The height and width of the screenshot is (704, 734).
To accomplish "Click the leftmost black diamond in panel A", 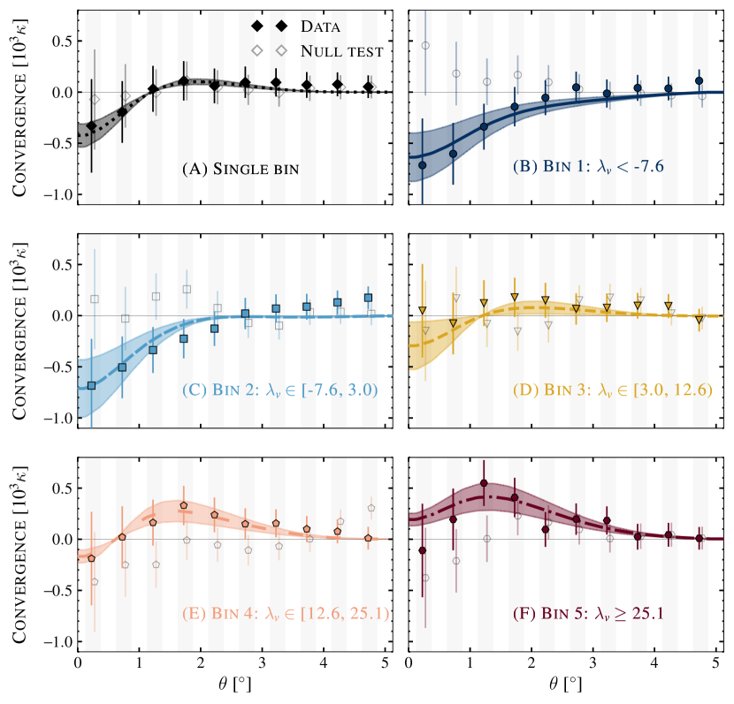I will [91, 126].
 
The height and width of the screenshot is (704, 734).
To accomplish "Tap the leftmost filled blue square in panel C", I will [91, 385].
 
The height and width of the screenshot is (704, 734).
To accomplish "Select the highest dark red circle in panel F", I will [484, 483].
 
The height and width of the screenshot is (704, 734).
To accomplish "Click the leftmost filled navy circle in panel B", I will [422, 165].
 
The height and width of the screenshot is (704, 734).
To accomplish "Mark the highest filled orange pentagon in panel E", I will [183, 505].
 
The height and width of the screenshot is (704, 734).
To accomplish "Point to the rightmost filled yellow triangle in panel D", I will [700, 319].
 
